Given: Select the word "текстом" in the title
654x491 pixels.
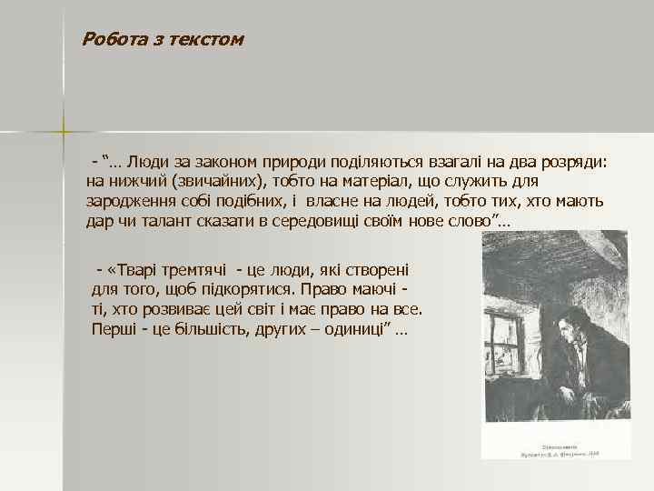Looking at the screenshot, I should click(x=209, y=39).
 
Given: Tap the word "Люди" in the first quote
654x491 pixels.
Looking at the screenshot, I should click(x=146, y=162).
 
